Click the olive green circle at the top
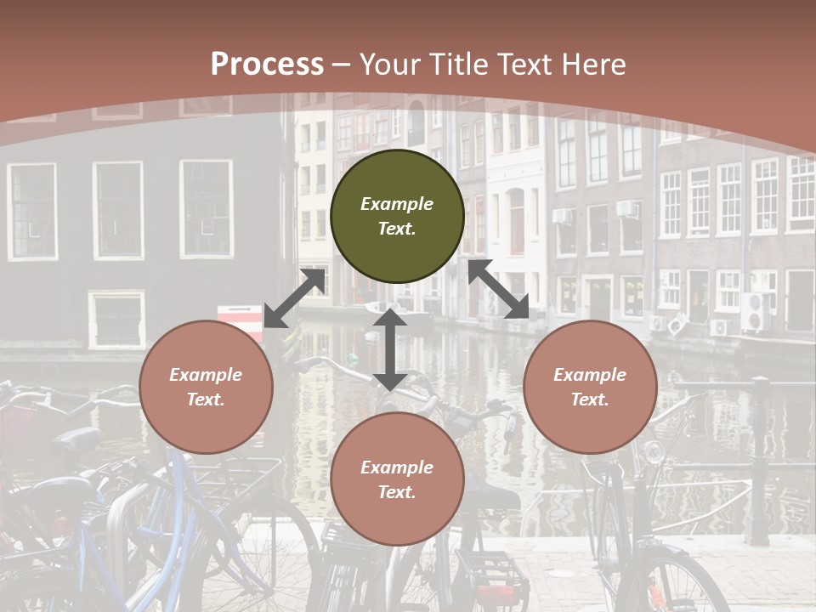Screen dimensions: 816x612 [x=397, y=217]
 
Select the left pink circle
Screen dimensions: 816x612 [x=206, y=387]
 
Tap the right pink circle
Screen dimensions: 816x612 [x=590, y=387]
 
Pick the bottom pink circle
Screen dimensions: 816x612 [x=397, y=479]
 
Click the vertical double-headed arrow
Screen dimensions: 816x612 [x=390, y=349]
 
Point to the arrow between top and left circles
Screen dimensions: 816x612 [x=295, y=298]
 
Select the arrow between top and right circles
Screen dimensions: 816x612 [x=499, y=289]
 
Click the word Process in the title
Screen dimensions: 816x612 [x=267, y=64]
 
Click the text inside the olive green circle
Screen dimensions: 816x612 [x=397, y=216]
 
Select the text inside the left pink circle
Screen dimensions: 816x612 [x=206, y=387]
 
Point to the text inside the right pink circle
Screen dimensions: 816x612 [x=590, y=387]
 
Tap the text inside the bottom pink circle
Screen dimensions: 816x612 [x=397, y=479]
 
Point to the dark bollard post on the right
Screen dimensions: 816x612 [x=760, y=459]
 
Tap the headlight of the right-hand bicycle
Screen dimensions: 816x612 [x=653, y=451]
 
